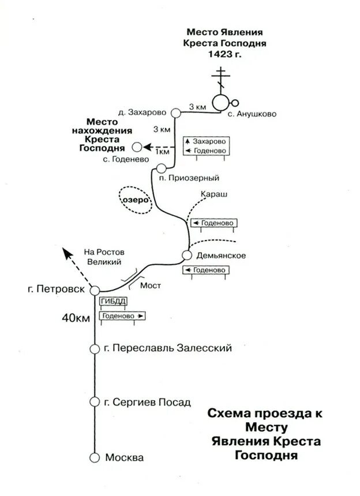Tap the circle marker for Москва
[95, 457]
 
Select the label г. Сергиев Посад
[147, 403]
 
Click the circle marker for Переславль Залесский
[95, 349]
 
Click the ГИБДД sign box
[113, 302]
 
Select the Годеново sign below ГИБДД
[122, 316]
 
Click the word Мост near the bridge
[151, 285]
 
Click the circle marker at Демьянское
[187, 255]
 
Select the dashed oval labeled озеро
[134, 200]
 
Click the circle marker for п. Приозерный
[161, 168]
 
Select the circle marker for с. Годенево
[136, 147]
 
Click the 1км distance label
[163, 152]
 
